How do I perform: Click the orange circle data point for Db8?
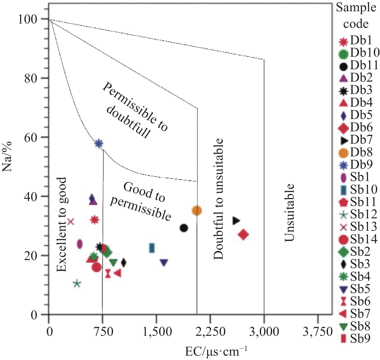(x=197, y=211)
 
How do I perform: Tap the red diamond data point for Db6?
(x=243, y=235)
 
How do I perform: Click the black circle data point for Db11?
(x=184, y=228)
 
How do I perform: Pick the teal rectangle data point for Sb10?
(x=152, y=248)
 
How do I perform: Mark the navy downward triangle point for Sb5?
(x=164, y=262)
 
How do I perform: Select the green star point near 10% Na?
(x=77, y=284)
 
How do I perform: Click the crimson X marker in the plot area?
(x=71, y=221)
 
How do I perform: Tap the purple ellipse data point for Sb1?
(x=80, y=244)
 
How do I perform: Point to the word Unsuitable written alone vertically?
(x=289, y=213)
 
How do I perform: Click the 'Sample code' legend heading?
(x=356, y=15)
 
